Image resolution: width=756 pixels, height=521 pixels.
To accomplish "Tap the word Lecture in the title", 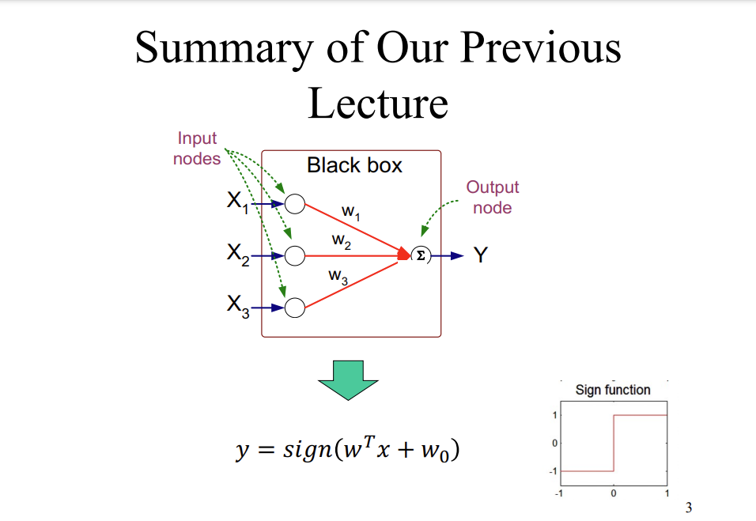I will [378, 103].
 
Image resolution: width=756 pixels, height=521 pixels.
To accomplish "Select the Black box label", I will [354, 165].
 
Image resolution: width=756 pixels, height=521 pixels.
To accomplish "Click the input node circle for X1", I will [294, 204].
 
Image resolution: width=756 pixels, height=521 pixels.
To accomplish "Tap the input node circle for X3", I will [294, 308].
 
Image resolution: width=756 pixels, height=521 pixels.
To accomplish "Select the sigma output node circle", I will [420, 255].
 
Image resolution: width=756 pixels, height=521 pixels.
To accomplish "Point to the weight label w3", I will [338, 277].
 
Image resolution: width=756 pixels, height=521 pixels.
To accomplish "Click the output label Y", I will [480, 255].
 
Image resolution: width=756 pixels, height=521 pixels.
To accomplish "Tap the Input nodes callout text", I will [197, 149].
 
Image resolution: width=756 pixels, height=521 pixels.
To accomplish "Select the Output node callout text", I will [492, 198].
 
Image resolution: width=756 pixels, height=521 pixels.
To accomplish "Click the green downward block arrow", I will [348, 380].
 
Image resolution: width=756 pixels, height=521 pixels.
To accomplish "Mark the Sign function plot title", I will [613, 390].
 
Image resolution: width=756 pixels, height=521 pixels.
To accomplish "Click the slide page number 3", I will [688, 508].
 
